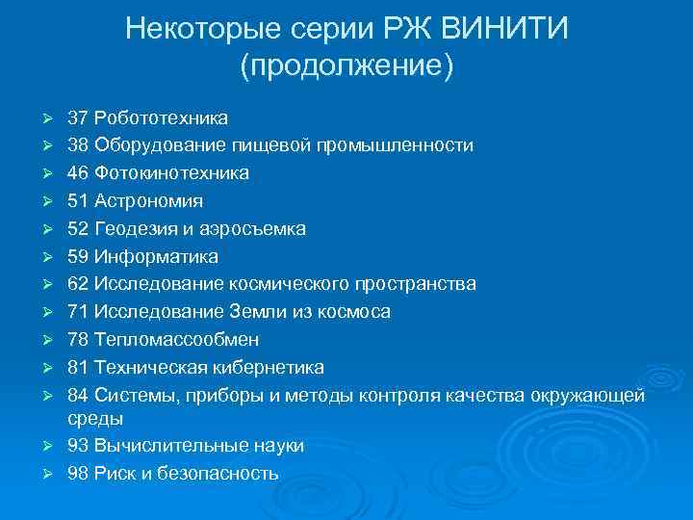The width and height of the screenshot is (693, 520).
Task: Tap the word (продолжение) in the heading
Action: [x=346, y=66]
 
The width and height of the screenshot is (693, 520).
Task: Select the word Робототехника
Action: [x=161, y=118]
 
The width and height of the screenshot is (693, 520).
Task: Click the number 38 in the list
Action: [x=78, y=146]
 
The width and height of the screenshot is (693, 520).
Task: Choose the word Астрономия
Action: [x=149, y=201]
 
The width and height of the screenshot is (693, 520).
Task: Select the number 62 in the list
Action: [x=78, y=284]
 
